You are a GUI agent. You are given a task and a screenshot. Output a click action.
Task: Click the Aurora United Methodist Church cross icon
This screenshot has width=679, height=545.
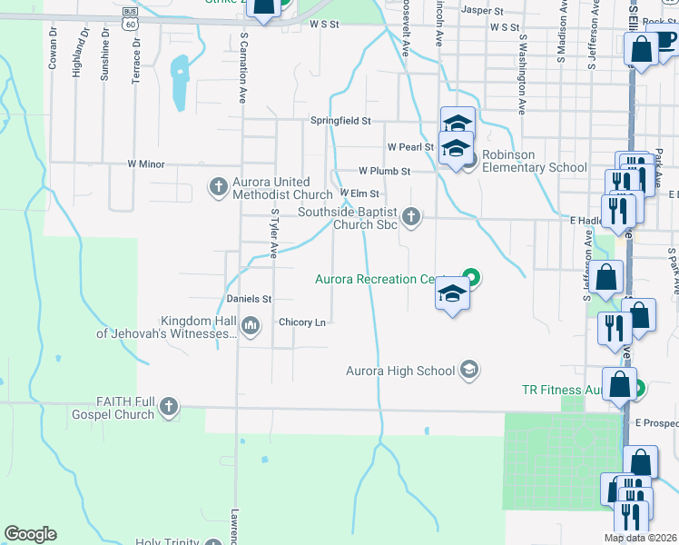tap(218, 188)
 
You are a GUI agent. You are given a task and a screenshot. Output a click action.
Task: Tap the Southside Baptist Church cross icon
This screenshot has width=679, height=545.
tap(411, 216)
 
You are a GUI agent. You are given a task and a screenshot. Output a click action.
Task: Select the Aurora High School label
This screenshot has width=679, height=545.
tap(399, 371)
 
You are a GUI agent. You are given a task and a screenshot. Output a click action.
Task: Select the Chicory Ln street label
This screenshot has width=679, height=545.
tap(302, 322)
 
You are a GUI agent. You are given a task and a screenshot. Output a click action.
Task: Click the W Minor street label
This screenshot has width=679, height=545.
tap(145, 163)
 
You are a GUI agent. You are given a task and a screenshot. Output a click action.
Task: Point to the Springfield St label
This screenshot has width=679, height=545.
tap(341, 120)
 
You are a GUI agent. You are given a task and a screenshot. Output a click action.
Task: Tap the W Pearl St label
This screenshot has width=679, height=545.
tap(410, 146)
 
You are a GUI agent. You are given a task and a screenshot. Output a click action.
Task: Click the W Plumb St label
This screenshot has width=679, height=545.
tap(384, 171)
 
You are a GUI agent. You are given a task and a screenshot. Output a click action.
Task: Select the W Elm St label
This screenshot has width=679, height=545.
tap(359, 193)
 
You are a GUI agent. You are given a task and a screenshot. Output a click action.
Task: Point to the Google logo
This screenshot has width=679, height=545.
tap(30, 534)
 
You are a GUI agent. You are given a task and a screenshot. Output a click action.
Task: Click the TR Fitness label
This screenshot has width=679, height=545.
tap(563, 390)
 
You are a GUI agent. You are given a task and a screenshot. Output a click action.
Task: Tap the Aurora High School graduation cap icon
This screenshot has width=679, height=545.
tap(468, 369)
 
